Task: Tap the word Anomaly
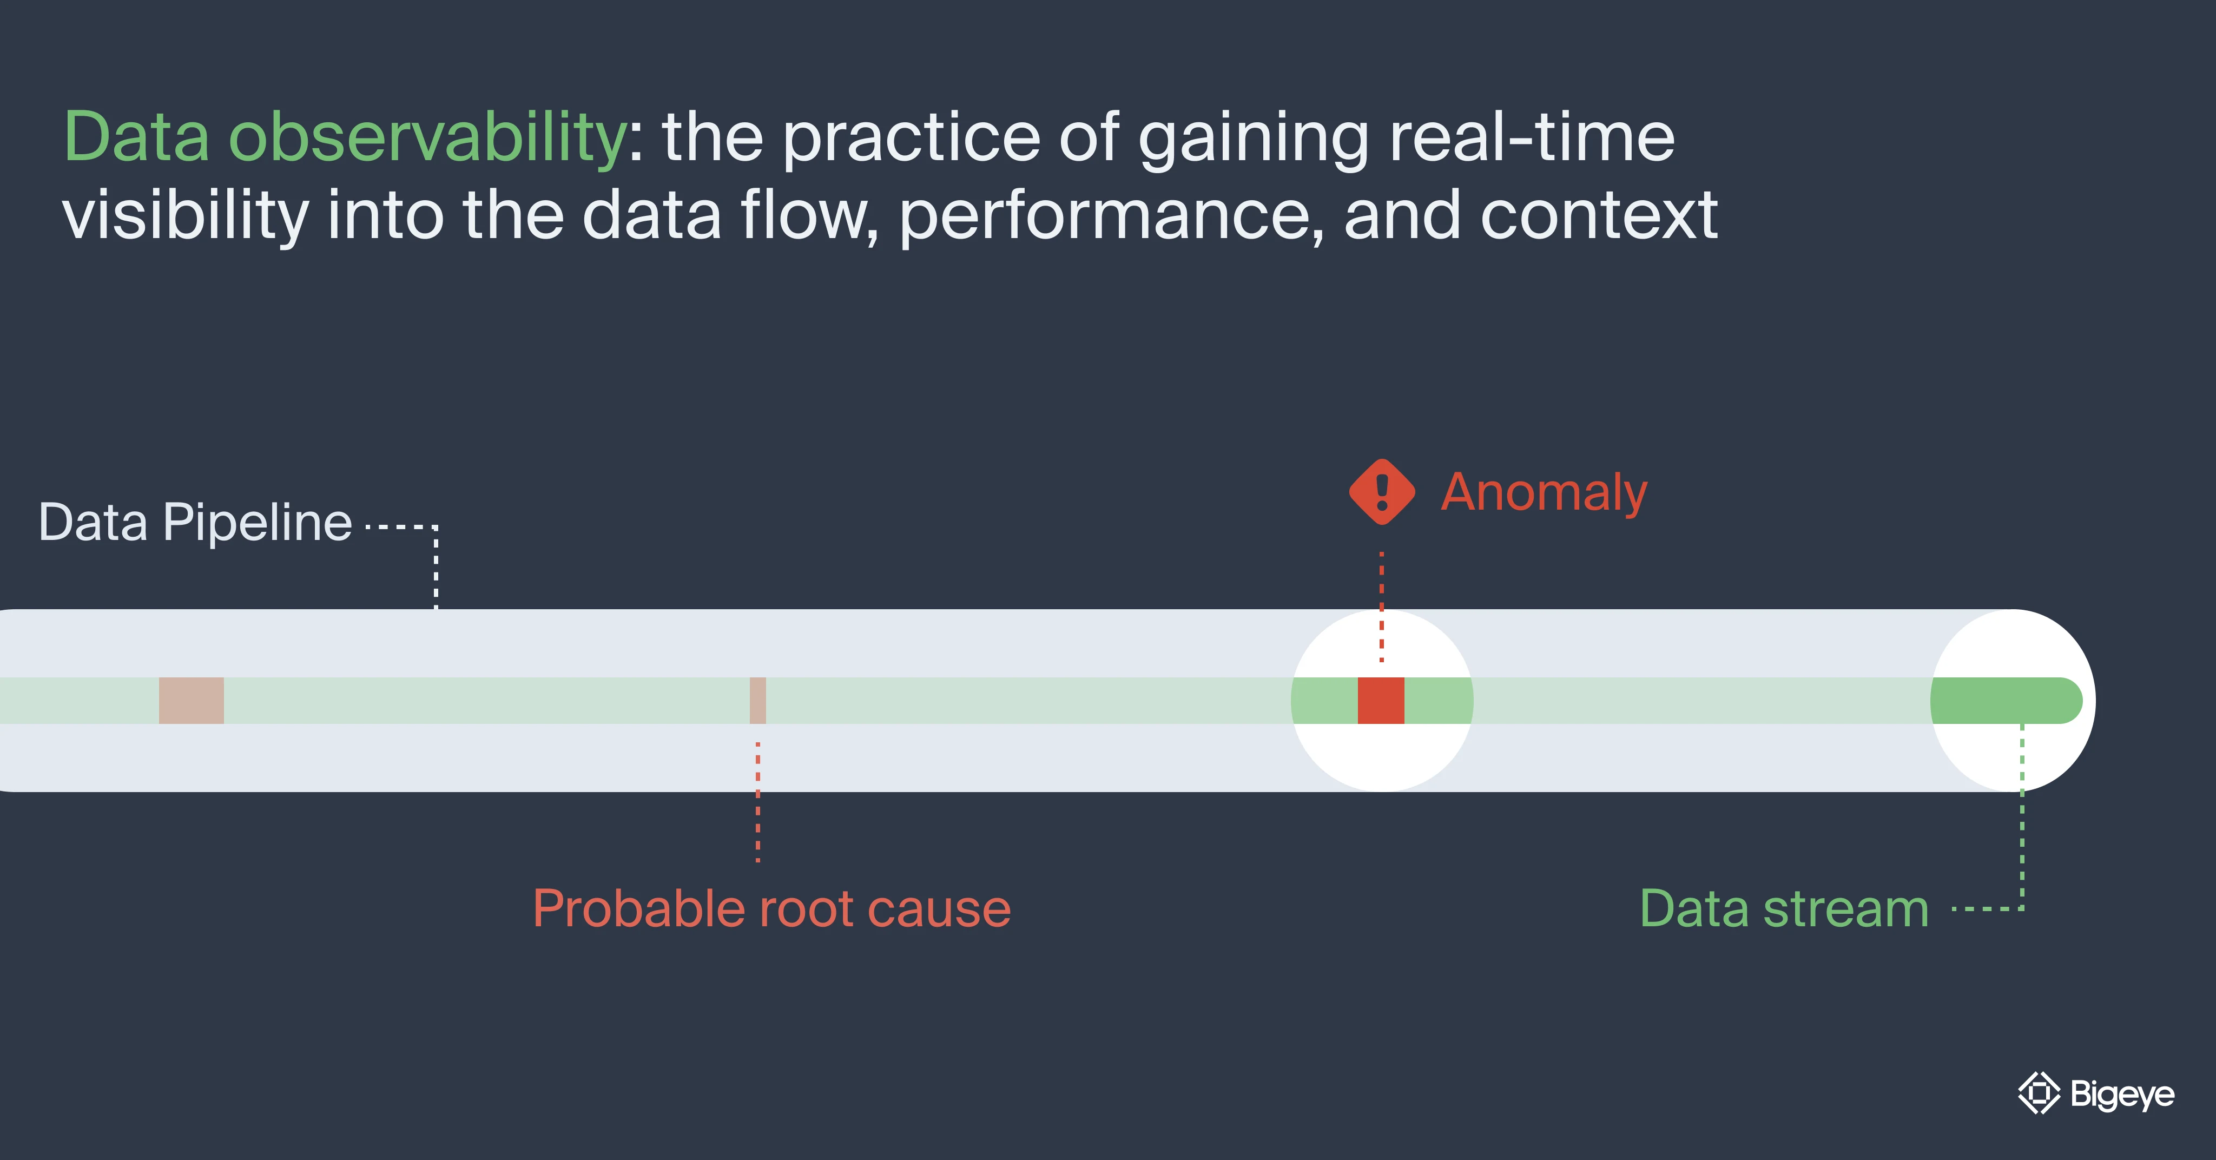[x=1544, y=493]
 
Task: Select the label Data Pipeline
[x=195, y=522]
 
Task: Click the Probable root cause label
[x=771, y=909]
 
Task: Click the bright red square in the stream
[x=1381, y=701]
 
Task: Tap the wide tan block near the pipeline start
[x=191, y=701]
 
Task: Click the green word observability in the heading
[x=427, y=137]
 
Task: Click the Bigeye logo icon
[x=2039, y=1093]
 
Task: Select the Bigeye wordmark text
[x=2122, y=1094]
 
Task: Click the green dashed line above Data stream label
[x=2022, y=818]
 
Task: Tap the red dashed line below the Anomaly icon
[x=1382, y=602]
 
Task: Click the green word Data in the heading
[x=137, y=137]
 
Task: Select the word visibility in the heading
[x=185, y=215]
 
